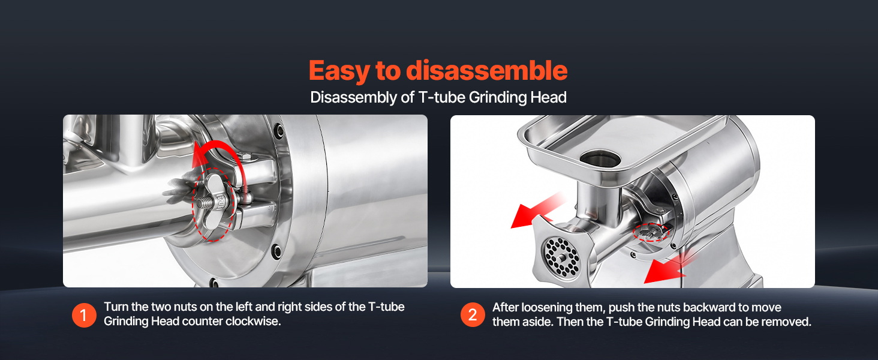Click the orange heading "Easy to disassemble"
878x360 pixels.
tap(438, 71)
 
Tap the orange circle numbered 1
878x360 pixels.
tap(84, 315)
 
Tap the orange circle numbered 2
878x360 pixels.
tap(473, 315)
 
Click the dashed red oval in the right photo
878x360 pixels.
tap(651, 232)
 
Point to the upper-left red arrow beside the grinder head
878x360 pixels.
tap(537, 212)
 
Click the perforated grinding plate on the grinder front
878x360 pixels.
tap(562, 257)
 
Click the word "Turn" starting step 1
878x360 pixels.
tap(116, 307)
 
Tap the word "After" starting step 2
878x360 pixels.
tap(505, 307)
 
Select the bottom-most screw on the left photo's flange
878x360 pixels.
tap(214, 282)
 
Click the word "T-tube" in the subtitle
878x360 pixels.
tap(442, 97)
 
